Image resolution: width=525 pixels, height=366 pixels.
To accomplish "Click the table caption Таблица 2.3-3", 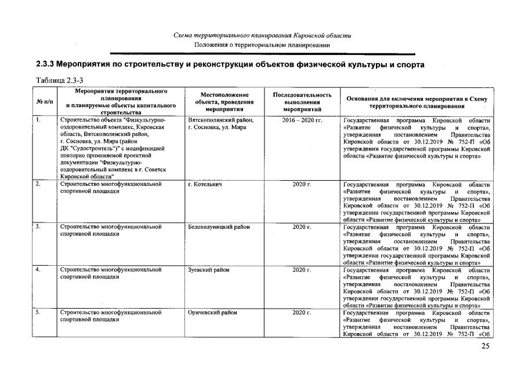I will tap(61, 79).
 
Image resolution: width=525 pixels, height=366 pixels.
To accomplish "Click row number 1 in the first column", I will tap(38, 120).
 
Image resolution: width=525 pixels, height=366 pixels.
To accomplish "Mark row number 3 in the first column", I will tap(38, 227).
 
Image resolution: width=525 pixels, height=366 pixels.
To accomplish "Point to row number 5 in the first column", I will tap(38, 313).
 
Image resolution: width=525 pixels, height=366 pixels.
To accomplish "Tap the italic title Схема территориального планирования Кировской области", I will tap(262, 36).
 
